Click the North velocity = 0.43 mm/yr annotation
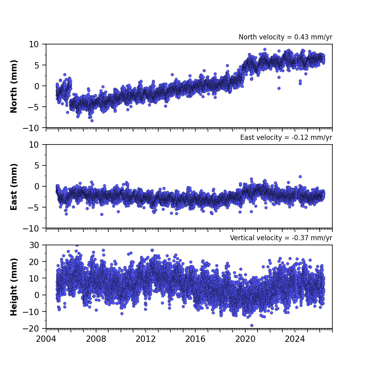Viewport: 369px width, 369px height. [286, 37]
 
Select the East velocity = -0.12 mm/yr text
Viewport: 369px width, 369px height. [286, 137]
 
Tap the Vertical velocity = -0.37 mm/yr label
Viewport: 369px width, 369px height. [281, 238]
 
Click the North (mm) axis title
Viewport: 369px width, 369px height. [14, 86]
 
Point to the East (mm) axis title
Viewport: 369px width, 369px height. [14, 187]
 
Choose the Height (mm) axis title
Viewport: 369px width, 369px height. [14, 287]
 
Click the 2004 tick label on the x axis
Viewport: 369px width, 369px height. [46, 339]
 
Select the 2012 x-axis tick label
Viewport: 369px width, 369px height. [146, 339]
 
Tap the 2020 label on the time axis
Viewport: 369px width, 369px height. [245, 339]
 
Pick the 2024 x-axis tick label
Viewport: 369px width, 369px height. [295, 339]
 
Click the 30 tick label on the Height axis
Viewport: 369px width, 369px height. [34, 245]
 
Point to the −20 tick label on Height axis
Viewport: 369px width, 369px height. [31, 328]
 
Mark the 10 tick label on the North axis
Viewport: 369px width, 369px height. [34, 44]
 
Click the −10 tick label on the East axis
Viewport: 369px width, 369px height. [31, 228]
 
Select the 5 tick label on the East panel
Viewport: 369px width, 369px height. [37, 166]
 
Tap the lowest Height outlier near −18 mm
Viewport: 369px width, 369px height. [252, 325]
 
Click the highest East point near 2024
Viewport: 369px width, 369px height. [300, 176]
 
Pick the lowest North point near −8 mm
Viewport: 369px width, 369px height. [92, 121]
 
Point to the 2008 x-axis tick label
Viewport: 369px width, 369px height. [96, 339]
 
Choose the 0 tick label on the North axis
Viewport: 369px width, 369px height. [37, 86]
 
